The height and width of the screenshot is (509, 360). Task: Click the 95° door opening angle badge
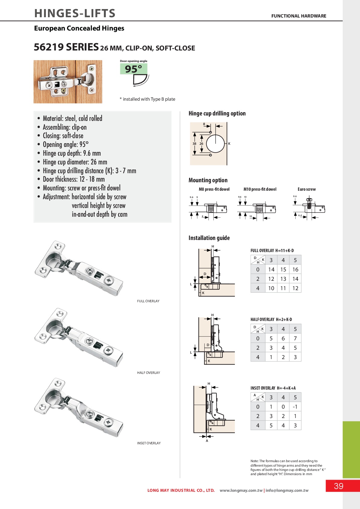pyautogui.click(x=133, y=69)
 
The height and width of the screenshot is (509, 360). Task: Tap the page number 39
pyautogui.click(x=339, y=486)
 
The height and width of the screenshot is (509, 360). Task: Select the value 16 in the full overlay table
pyautogui.click(x=295, y=270)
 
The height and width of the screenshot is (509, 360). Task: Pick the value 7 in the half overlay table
pyautogui.click(x=295, y=339)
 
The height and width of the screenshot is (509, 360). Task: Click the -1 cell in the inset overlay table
pyautogui.click(x=295, y=407)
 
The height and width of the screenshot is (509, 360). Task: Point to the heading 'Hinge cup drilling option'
pyautogui.click(x=217, y=113)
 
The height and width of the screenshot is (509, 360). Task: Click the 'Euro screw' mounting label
pyautogui.click(x=306, y=189)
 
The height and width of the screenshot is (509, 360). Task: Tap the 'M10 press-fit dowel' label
pyautogui.click(x=260, y=189)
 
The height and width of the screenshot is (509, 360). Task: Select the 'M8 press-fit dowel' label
pyautogui.click(x=214, y=189)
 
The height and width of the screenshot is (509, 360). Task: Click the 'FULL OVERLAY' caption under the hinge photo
pyautogui.click(x=148, y=301)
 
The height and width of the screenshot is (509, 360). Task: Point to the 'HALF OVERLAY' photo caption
pyautogui.click(x=148, y=373)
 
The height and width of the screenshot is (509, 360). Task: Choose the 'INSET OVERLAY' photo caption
pyautogui.click(x=149, y=443)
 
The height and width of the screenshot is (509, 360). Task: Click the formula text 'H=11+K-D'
pyautogui.click(x=284, y=251)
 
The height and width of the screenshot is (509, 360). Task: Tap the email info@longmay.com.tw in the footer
pyautogui.click(x=287, y=491)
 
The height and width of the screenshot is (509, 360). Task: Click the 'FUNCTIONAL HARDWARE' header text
pyautogui.click(x=299, y=16)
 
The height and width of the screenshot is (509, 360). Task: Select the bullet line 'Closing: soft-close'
pyautogui.click(x=63, y=136)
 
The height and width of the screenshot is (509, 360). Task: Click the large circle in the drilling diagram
pyautogui.click(x=215, y=144)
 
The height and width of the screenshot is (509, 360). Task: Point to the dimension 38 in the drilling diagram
pyautogui.click(x=194, y=144)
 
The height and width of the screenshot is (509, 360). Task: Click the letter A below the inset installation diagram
pyautogui.click(x=207, y=441)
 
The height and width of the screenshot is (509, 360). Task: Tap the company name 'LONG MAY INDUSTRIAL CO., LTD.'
pyautogui.click(x=181, y=491)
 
